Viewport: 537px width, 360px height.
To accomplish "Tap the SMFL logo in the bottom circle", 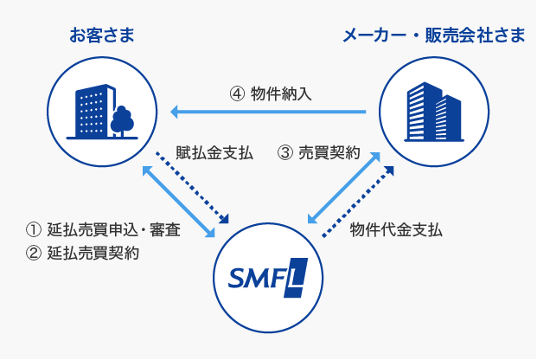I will [x=267, y=277].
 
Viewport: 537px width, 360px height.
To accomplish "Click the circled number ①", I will [x=34, y=230].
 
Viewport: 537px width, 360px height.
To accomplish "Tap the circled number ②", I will [x=34, y=254].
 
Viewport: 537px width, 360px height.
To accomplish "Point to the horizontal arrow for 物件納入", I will [x=268, y=112].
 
